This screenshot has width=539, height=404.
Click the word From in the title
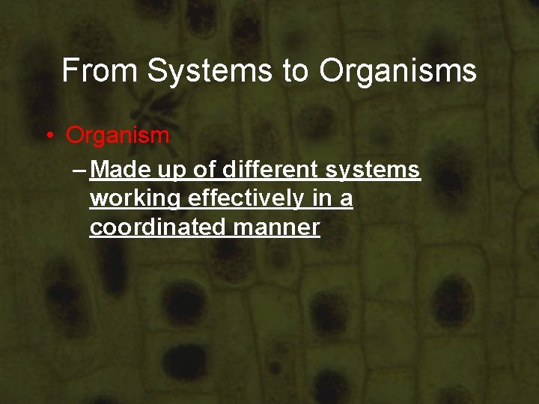pos(100,71)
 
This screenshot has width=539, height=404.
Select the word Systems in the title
pos(210,71)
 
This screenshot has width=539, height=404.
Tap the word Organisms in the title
pos(398,71)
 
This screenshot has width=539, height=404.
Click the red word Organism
pos(118,136)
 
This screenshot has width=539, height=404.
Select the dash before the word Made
pos(79,171)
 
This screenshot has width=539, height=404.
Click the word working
pos(135,200)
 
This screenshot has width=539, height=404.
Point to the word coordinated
pos(158,227)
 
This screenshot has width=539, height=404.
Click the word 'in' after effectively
pos(320,199)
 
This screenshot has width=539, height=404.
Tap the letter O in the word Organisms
pos(332,71)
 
